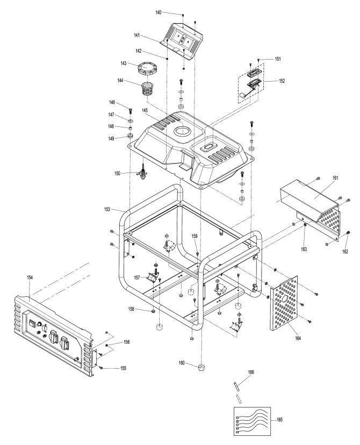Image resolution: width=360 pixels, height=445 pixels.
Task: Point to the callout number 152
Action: tap(282, 81)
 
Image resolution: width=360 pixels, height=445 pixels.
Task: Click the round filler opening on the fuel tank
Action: tap(183, 131)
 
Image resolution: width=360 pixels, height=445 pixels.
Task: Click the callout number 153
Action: tap(107, 210)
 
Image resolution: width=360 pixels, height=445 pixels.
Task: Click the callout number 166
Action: tap(251, 372)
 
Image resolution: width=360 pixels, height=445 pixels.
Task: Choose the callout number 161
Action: tap(335, 178)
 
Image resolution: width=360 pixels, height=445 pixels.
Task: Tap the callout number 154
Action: tap(30, 277)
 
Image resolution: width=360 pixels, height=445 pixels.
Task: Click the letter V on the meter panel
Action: tap(178, 37)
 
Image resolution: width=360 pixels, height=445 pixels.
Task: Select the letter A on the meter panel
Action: tap(188, 41)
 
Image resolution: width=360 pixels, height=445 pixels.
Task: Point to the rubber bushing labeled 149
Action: tap(131, 136)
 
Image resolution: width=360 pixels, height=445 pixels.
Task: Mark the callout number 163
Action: tap(304, 249)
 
